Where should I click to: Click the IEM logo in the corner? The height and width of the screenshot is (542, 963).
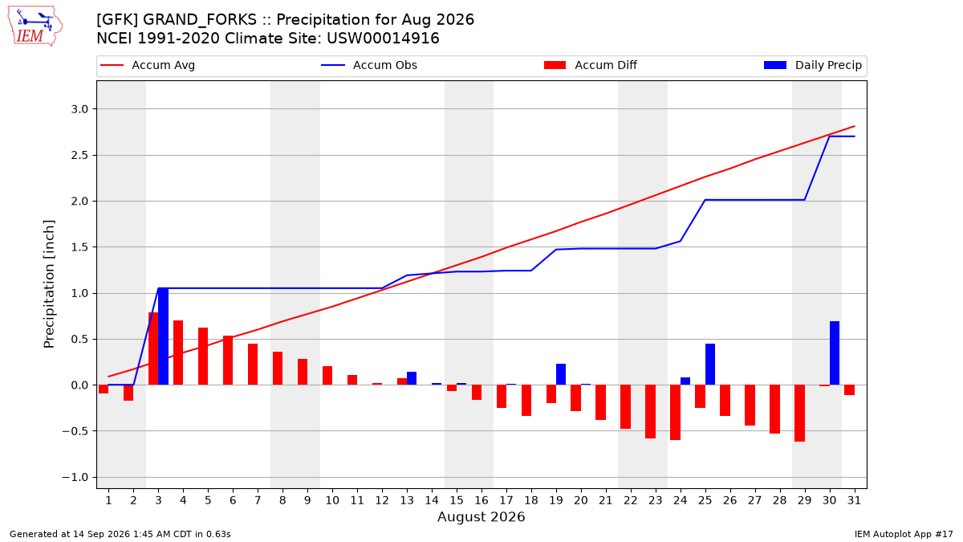35,26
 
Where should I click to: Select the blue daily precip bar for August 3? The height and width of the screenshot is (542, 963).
164,336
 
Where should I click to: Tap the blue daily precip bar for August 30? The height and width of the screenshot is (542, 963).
835,353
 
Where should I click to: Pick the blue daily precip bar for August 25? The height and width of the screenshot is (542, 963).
710,365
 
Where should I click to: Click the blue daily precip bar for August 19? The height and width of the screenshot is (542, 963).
561,374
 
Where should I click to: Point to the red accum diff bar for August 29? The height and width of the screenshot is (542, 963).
799,414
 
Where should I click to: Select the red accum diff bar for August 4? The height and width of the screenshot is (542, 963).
178,353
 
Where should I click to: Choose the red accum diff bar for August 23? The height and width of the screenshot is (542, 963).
651,412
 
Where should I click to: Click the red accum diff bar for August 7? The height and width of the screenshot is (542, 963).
253,365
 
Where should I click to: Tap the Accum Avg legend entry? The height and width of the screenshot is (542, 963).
148,65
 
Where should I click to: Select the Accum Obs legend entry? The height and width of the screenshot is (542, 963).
369,65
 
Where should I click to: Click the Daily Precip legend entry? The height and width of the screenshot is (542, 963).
813,65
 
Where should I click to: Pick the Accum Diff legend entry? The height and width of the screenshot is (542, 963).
591,65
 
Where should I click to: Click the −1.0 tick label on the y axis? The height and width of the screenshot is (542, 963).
75,478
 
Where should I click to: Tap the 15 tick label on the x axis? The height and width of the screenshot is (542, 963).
457,500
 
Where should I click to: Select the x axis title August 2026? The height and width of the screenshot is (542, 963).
481,516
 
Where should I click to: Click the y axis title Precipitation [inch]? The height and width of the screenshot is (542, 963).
49,284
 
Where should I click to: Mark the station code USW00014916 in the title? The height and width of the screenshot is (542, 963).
383,39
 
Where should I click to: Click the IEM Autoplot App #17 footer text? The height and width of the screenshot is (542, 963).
904,534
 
